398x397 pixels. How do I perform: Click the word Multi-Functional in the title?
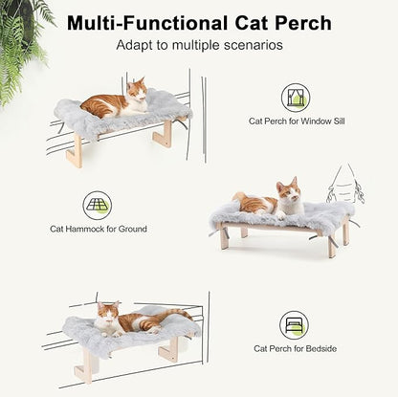pyautogui.click(x=144, y=23)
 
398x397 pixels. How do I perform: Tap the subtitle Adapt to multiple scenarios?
pyautogui.click(x=199, y=46)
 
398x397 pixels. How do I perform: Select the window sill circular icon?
pyautogui.click(x=295, y=98)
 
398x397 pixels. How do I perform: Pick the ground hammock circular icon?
pyautogui.click(x=97, y=205)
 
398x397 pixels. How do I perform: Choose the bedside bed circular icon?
pyautogui.click(x=294, y=324)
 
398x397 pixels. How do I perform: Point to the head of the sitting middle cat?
pyautogui.click(x=286, y=190)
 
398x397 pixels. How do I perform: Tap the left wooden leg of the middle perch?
pyautogui.click(x=224, y=236)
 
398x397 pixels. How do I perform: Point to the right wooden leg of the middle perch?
pyautogui.click(x=332, y=245)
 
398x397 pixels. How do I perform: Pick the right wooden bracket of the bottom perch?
pyautogui.click(x=170, y=348)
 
